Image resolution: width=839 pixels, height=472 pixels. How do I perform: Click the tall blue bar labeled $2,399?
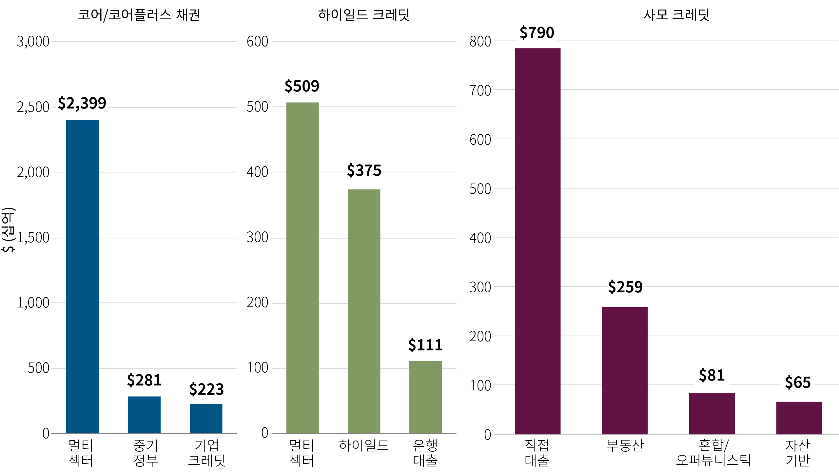point(82,276)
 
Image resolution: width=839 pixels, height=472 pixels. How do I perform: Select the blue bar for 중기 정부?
point(144,415)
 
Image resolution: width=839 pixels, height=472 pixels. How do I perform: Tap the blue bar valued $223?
point(206,419)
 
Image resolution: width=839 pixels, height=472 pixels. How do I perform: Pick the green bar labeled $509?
point(302,267)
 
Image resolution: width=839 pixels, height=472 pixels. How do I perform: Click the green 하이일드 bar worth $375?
point(364,311)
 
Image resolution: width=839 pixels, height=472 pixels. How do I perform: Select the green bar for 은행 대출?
point(425,397)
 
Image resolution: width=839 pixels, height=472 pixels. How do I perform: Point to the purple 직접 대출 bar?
point(537,241)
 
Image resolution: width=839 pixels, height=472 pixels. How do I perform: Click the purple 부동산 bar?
point(625,370)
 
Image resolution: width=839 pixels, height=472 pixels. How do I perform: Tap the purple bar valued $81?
point(712,413)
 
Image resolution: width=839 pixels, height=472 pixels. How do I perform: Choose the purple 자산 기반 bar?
point(799,418)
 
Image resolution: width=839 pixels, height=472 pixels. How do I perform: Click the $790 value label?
point(537,33)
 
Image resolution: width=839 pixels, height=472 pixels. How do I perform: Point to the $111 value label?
point(425,345)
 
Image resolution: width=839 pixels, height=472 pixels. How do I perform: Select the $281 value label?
point(144,380)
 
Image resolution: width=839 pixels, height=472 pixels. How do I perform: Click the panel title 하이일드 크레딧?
point(364,15)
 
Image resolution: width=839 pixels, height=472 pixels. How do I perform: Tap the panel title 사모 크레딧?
point(676,15)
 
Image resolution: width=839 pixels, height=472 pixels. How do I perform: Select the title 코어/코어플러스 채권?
point(139,15)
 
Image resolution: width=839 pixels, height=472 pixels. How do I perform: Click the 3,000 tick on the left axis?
point(33,42)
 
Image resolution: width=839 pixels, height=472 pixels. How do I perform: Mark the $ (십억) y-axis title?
point(9,229)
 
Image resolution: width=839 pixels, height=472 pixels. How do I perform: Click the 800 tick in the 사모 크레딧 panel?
point(480,42)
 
